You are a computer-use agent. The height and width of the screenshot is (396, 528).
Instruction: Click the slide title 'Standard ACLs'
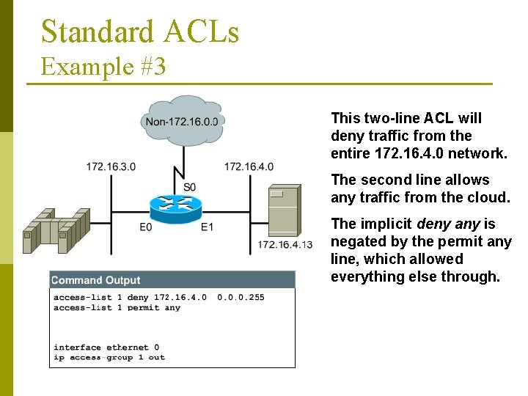[140, 32]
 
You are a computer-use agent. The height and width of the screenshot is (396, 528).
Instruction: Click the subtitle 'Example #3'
[103, 67]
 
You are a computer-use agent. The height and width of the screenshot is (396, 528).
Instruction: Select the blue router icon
[175, 205]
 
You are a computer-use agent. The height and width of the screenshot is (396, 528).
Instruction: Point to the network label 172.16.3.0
[111, 166]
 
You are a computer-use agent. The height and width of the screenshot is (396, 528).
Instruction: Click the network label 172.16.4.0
[249, 166]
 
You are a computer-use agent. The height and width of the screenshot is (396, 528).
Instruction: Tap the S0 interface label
[190, 187]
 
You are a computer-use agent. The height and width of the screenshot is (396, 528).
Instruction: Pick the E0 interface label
[146, 227]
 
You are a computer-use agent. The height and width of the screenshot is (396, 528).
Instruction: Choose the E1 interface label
[208, 227]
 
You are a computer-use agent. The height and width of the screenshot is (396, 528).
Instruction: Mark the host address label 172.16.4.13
[285, 244]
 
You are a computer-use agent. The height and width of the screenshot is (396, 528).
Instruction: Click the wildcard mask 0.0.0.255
[241, 298]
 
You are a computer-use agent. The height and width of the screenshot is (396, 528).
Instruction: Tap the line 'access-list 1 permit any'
[117, 308]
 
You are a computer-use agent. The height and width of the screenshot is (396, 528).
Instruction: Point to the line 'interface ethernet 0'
[106, 348]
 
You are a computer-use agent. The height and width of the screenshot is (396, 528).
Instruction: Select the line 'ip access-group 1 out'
[109, 358]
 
